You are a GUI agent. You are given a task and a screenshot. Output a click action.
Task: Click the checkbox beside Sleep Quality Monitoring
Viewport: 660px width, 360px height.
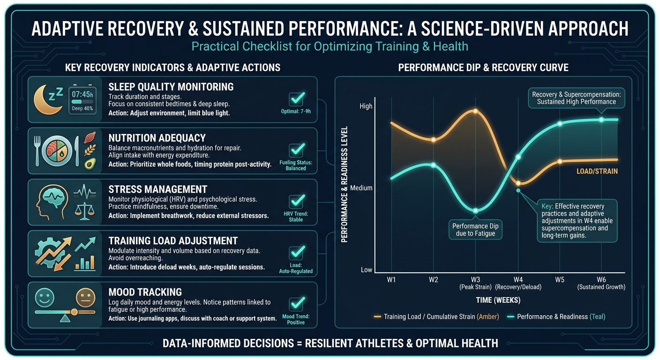coord(296,99)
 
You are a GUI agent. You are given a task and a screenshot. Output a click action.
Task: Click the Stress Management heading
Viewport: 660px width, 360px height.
coord(157,189)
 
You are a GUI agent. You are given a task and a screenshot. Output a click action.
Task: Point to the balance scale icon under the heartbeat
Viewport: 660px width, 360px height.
coord(85,211)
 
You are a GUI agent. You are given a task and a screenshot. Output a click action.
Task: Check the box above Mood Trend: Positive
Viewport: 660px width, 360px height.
coord(296,303)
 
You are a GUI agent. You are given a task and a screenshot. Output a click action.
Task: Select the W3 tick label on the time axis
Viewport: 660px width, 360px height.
coord(475,280)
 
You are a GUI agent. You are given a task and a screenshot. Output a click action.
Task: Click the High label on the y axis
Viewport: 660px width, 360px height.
coord(366,106)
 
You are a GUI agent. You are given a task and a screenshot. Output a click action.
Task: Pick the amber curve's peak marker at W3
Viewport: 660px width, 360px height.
coord(475,111)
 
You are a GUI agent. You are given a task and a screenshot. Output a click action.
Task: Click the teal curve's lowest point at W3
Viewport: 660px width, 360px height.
coord(475,211)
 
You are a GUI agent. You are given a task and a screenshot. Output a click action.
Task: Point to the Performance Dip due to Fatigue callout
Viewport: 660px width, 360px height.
coord(475,229)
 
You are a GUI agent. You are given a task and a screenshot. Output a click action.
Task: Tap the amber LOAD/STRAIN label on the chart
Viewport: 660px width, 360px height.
coord(597,172)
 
